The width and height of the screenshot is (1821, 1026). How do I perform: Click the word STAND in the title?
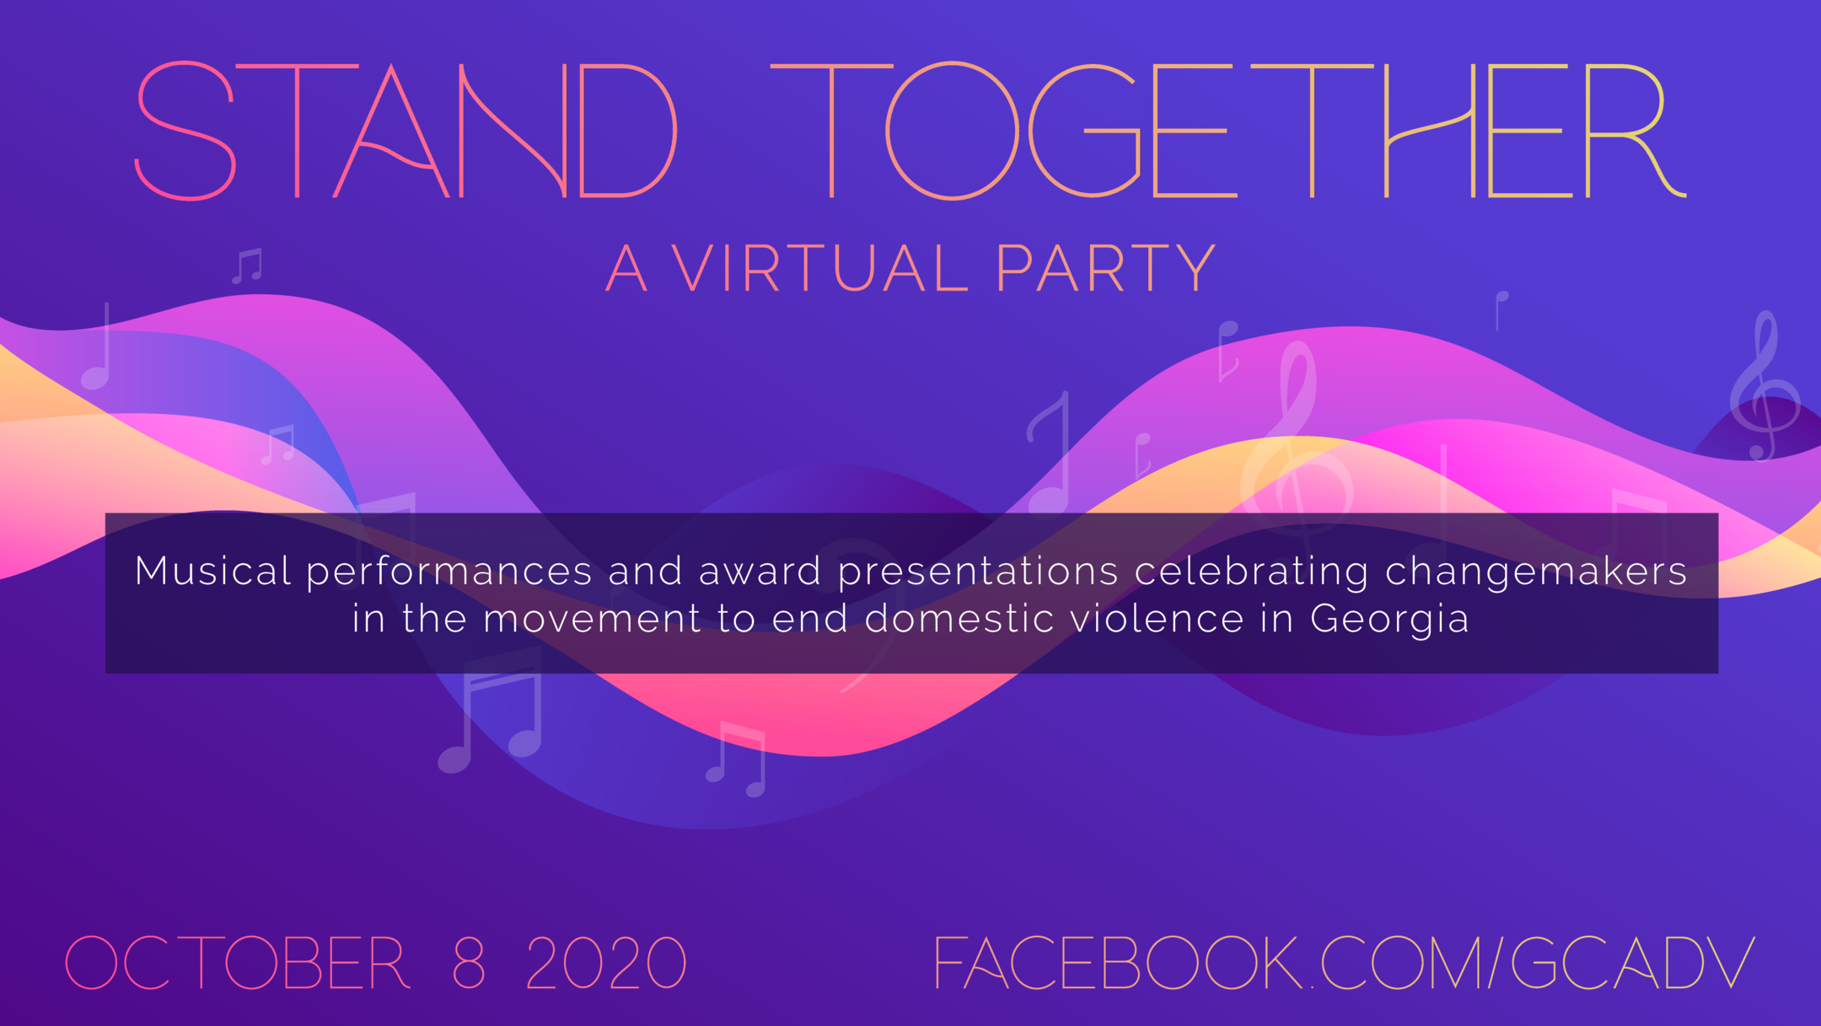tap(406, 131)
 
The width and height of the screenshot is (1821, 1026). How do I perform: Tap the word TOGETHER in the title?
tap(1228, 131)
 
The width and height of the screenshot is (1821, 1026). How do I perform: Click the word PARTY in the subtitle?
tap(1106, 268)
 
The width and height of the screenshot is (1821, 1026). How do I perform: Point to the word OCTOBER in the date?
tap(237, 962)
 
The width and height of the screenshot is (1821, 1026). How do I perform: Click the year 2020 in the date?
tap(606, 962)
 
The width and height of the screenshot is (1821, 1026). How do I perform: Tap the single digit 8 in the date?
tap(469, 962)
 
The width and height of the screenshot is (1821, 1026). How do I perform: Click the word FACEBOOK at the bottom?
tap(1118, 962)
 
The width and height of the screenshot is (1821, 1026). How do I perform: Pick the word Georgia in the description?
tap(1389, 620)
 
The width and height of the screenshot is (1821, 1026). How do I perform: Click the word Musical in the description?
tap(213, 571)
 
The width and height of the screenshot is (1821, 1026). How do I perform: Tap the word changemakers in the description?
tap(1535, 572)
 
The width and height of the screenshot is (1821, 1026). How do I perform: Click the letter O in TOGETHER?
tap(952, 131)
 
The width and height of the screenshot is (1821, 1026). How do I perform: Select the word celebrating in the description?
tap(1251, 572)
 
